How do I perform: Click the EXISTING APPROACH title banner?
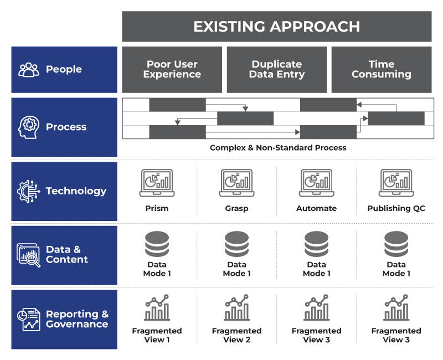tap(276, 26)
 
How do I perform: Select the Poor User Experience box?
tap(172, 69)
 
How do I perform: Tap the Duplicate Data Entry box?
tap(276, 69)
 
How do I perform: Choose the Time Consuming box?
tap(381, 69)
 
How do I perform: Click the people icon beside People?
tap(29, 69)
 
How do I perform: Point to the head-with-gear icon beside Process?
tap(29, 127)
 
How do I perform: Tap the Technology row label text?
tap(76, 191)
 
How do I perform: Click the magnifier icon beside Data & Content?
tap(29, 255)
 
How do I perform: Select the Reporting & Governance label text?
tap(77, 319)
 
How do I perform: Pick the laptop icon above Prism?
tap(157, 183)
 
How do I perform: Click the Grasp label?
tap(236, 208)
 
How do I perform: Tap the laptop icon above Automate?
tap(316, 183)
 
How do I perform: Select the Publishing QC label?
tap(396, 208)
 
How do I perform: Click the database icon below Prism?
tap(157, 244)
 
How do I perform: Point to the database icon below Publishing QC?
tap(396, 244)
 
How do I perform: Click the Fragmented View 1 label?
tap(157, 335)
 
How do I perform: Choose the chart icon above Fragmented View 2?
tap(236, 308)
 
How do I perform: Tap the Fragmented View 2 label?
tap(236, 335)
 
